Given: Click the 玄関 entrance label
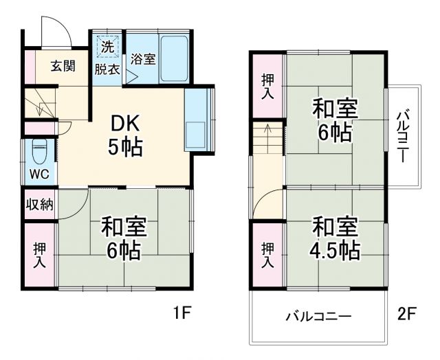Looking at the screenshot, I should pos(63,67).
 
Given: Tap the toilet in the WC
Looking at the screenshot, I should pos(40,148).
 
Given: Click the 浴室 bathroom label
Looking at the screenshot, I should pos(143,59).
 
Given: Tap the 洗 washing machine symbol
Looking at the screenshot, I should pos(107,48).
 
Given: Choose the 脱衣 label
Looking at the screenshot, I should pos(107,69).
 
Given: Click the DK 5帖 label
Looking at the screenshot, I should pos(126,135).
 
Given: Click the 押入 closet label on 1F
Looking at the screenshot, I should pos(40,254).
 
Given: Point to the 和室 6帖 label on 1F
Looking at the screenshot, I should pos(124,238).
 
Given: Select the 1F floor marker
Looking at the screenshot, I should pos(181,314).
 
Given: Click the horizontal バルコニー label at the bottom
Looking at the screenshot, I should pos(318,317).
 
